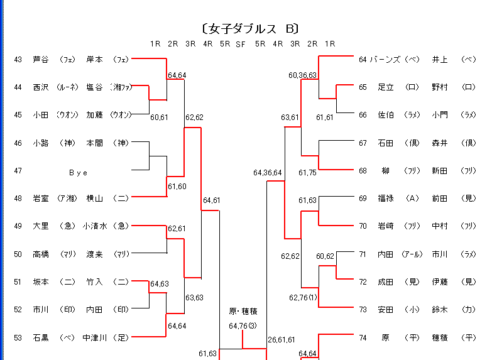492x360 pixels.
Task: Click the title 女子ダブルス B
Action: [249, 29]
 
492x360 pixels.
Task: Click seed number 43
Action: [18, 60]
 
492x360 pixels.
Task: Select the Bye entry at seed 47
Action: [78, 171]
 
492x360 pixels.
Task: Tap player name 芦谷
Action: [40, 60]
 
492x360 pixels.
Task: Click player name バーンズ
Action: [385, 60]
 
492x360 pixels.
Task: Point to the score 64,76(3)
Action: [243, 325]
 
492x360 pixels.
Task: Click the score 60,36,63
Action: [303, 75]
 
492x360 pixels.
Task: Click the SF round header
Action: [241, 44]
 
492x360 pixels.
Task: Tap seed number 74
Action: [363, 337]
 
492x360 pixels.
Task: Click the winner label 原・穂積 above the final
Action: [243, 311]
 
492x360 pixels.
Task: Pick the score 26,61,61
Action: [281, 340]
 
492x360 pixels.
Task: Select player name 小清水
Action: [95, 226]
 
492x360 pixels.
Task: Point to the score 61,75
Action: [307, 172]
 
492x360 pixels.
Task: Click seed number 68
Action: [363, 171]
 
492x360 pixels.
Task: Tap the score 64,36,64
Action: [268, 173]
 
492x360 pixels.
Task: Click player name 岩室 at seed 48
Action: [40, 199]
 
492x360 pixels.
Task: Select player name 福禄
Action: [385, 199]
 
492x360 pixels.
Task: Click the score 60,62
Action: [325, 256]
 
